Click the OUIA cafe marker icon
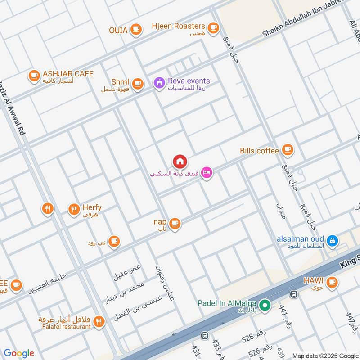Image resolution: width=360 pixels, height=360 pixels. click(x=136, y=30)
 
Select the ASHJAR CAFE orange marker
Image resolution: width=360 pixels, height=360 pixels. click(x=34, y=76)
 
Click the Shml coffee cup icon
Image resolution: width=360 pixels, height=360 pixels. click(x=137, y=83)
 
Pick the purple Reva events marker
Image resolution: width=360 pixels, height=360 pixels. click(x=158, y=83)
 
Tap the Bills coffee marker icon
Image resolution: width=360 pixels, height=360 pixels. click(x=287, y=150)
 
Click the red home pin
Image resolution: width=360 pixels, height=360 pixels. click(x=180, y=161)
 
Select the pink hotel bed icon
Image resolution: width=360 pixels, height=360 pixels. click(x=206, y=172)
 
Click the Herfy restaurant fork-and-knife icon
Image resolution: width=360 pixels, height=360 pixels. click(x=74, y=209)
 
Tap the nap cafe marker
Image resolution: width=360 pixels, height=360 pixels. click(x=175, y=223)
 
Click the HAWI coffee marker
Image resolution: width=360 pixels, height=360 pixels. click(x=332, y=282)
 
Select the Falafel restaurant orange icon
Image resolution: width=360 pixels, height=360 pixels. click(x=99, y=321)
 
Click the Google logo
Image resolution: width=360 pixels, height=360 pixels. click(x=19, y=353)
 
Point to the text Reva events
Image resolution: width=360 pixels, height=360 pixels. click(x=189, y=81)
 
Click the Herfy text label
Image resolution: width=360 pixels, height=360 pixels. click(x=92, y=207)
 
